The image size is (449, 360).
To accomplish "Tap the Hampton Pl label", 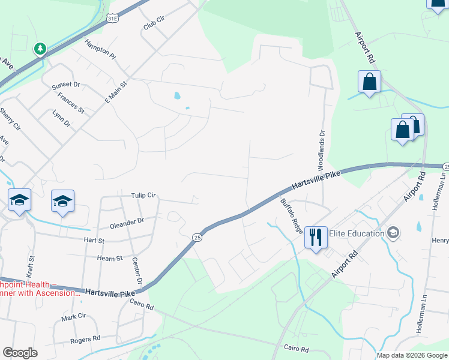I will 100,49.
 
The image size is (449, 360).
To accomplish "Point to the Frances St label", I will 71,103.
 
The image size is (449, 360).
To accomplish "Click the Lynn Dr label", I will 62,119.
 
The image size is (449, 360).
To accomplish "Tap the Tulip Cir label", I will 143,196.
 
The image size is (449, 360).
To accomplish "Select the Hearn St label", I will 110,258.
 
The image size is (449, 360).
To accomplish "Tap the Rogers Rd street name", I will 84,340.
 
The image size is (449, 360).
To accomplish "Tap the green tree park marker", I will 40,48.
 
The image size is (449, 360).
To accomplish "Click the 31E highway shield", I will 112,19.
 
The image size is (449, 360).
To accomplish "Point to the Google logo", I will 20,353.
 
